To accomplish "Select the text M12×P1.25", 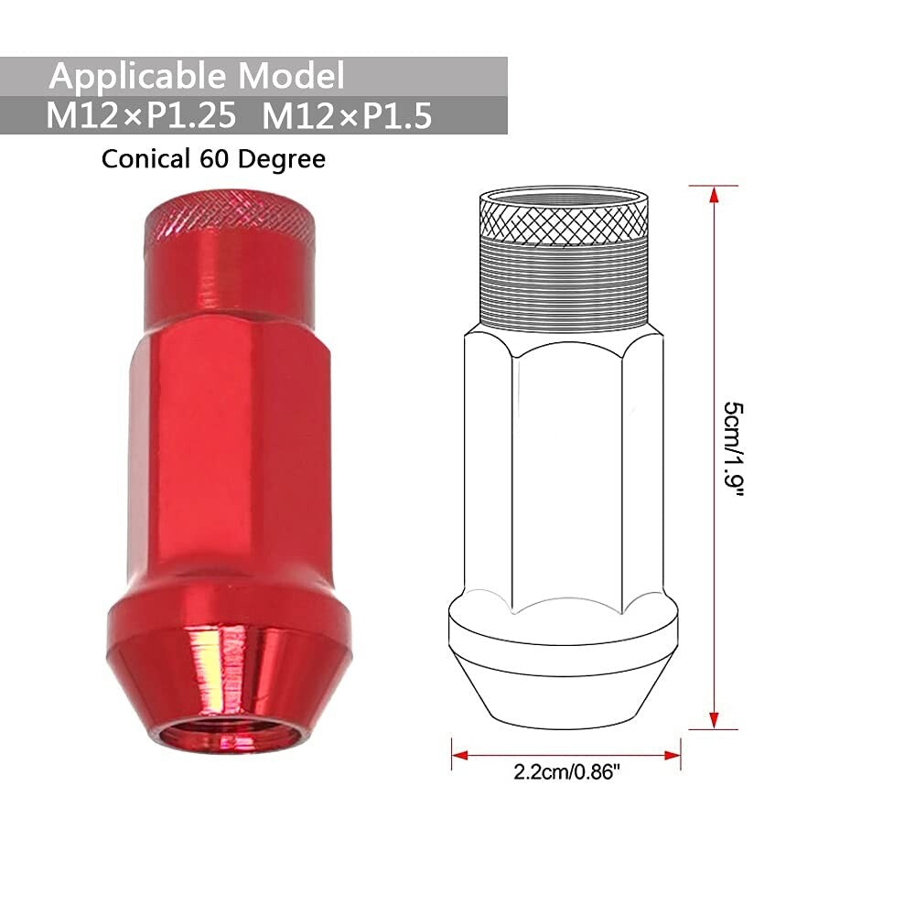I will coord(146,117).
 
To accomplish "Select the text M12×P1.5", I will coord(347,117).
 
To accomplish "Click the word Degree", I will coord(282,159).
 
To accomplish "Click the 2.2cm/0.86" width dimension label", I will coord(567,771).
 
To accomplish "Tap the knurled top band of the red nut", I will coord(229,220).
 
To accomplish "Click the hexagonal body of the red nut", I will coord(229,457).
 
